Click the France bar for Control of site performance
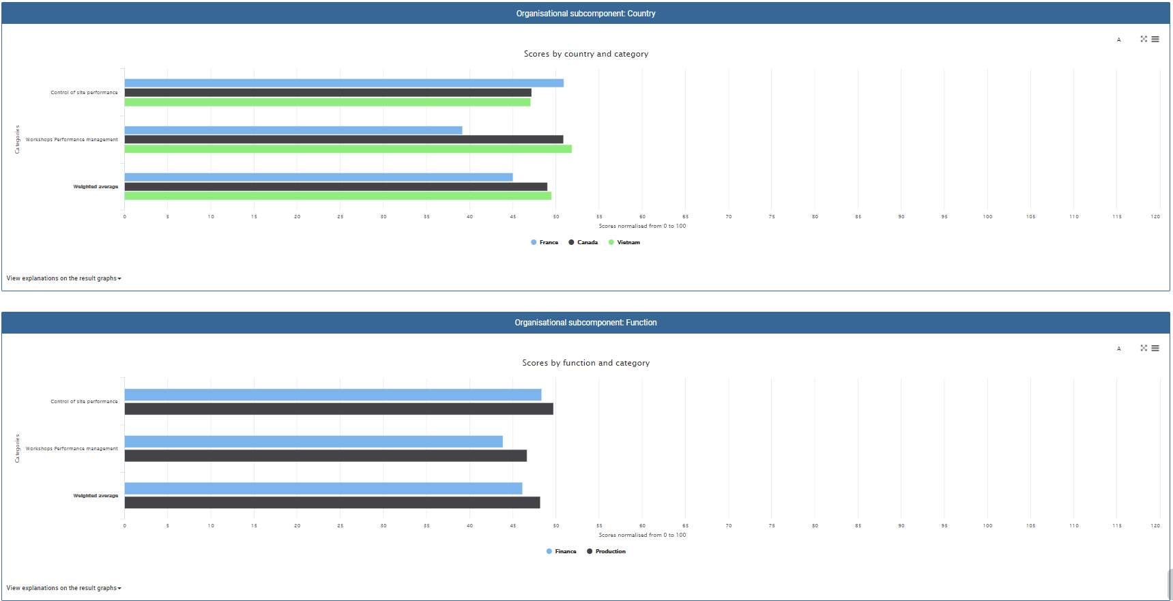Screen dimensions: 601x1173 pos(344,83)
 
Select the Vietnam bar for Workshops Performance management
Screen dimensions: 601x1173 pos(348,149)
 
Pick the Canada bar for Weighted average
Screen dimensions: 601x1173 pos(336,186)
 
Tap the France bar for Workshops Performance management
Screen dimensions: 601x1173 pos(293,130)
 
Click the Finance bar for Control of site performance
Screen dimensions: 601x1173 pos(333,395)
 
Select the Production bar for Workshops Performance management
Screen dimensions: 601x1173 pos(325,456)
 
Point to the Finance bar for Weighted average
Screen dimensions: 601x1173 pos(323,488)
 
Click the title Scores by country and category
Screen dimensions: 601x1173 pos(586,54)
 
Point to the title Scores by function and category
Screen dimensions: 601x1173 pos(586,363)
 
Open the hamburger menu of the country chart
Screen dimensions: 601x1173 pos(1155,40)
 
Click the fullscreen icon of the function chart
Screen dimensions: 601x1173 pos(1144,348)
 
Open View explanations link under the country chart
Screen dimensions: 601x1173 pos(63,278)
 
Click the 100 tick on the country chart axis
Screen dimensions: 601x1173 pos(987,217)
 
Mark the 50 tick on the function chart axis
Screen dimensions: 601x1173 pos(556,526)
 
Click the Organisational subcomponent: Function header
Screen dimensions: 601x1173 pos(585,323)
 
